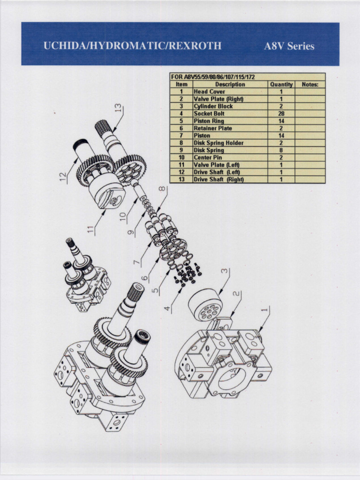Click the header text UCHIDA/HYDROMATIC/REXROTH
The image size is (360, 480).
[132, 46]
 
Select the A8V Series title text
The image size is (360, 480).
[289, 46]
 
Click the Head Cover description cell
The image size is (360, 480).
[210, 92]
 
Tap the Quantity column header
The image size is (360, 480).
[281, 84]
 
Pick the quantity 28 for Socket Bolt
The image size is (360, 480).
[281, 114]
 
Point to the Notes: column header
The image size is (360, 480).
[310, 84]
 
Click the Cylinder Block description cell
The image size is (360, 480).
[213, 106]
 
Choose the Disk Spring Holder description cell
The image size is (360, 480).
[218, 143]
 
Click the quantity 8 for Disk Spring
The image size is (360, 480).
[281, 150]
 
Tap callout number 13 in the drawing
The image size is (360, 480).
[119, 108]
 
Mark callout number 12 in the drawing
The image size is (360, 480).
[63, 176]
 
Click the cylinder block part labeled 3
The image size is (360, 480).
[205, 305]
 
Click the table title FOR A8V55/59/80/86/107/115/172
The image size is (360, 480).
[213, 77]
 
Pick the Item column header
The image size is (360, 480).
[181, 84]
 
